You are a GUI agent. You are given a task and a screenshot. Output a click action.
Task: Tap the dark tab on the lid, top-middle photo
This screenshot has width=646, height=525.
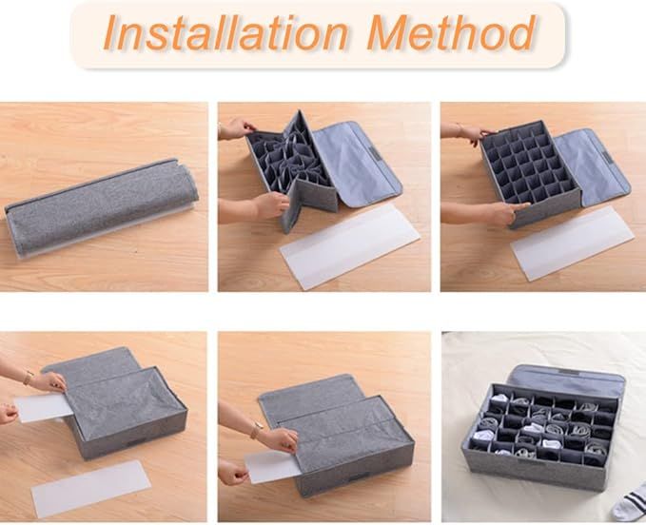tap(367, 149)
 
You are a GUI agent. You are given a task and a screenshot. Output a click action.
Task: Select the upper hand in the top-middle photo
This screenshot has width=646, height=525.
tap(238, 128)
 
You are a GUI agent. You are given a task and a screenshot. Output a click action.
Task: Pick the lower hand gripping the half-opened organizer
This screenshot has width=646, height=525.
tap(270, 204)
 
